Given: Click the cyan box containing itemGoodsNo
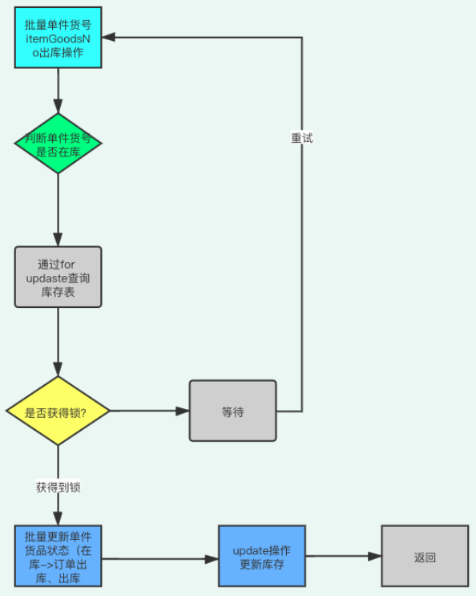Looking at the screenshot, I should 58,38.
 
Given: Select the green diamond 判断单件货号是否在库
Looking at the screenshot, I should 58,143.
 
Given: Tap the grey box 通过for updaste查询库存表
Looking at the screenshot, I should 58,277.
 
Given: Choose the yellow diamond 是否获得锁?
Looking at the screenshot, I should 58,412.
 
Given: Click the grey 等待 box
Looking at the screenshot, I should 232,412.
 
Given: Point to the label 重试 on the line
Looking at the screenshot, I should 302,138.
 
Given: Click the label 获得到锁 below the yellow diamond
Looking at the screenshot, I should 58,486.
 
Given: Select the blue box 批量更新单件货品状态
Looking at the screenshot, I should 58,556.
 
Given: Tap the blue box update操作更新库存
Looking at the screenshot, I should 262,556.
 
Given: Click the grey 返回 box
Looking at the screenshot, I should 425,556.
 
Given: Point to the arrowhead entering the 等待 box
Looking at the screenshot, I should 183,412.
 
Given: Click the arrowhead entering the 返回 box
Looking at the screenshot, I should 374,556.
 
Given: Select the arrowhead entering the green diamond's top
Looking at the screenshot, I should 58,107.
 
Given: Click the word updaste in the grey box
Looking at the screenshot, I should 58,277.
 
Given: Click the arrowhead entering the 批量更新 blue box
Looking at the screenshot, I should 58,519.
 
